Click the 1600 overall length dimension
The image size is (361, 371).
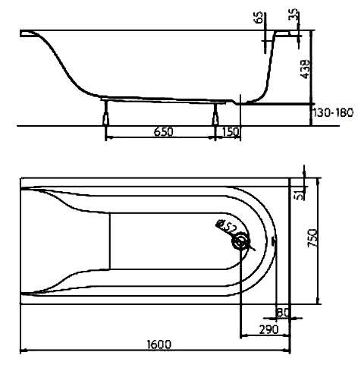159,344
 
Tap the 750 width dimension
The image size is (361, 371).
312,238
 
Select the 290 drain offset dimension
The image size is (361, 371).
268,329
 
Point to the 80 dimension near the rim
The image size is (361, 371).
282,313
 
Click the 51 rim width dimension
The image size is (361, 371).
300,195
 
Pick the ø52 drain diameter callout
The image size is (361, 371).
227,227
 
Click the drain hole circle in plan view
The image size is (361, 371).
240,242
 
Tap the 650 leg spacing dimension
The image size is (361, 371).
163,131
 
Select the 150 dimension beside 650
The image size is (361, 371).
231,131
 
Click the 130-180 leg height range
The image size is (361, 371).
333,112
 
